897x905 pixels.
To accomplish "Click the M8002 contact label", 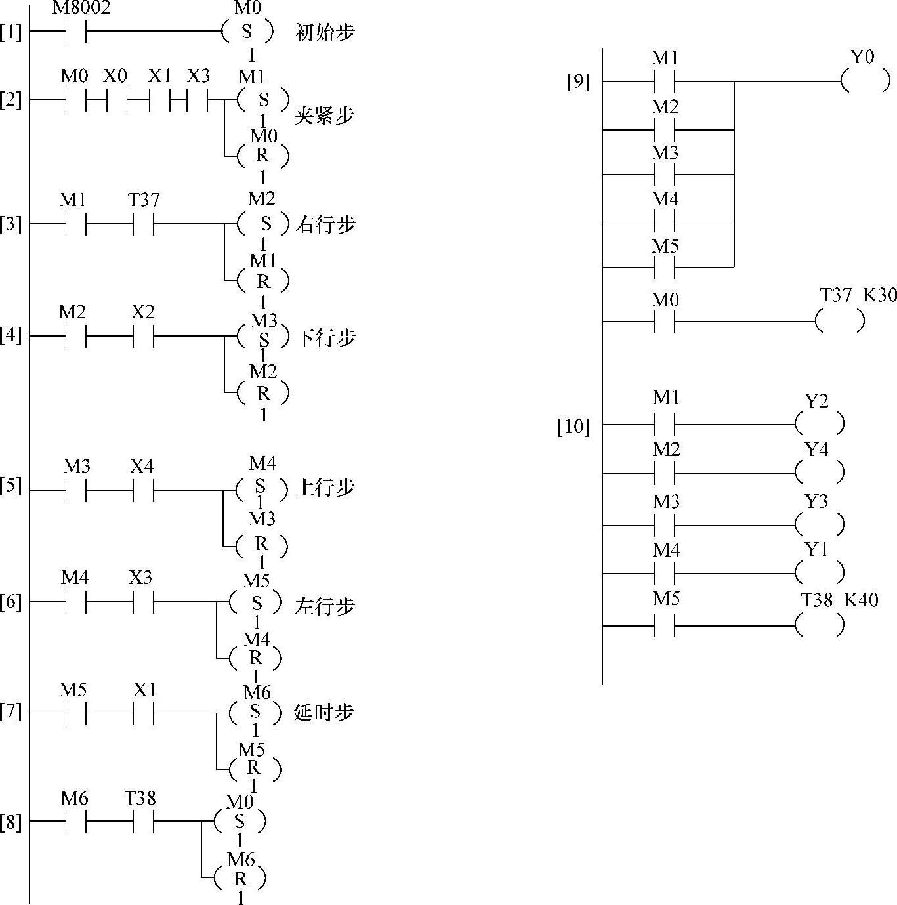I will pyautogui.click(x=81, y=8).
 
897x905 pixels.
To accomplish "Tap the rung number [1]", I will pyautogui.click(x=10, y=32).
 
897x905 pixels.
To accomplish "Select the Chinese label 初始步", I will pyautogui.click(x=325, y=32).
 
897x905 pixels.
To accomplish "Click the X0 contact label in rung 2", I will pyautogui.click(x=115, y=76).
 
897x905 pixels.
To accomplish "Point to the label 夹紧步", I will pyautogui.click(x=324, y=116).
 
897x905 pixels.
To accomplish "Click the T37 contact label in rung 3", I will pyautogui.click(x=144, y=200).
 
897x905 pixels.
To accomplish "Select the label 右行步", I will pyautogui.click(x=326, y=225).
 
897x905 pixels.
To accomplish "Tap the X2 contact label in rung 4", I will pyautogui.click(x=142, y=312).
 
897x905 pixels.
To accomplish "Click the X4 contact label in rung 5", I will pyautogui.click(x=142, y=466).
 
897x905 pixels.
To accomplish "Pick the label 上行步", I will pyautogui.click(x=325, y=488).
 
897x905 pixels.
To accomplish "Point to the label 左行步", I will pyautogui.click(x=324, y=605).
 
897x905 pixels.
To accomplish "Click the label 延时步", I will pyautogui.click(x=323, y=712).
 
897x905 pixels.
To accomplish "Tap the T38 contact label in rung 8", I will pyautogui.click(x=140, y=798).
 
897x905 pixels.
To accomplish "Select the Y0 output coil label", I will pyautogui.click(x=862, y=57).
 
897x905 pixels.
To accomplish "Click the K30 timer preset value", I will pyautogui.click(x=879, y=295).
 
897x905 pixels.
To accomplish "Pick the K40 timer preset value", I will pyautogui.click(x=861, y=599).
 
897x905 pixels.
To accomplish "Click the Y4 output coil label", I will pyautogui.click(x=816, y=450).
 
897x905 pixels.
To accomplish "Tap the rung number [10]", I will pyautogui.click(x=574, y=427).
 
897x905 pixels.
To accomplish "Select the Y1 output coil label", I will pyautogui.click(x=816, y=549).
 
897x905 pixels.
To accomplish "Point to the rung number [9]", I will pyautogui.click(x=578, y=83).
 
